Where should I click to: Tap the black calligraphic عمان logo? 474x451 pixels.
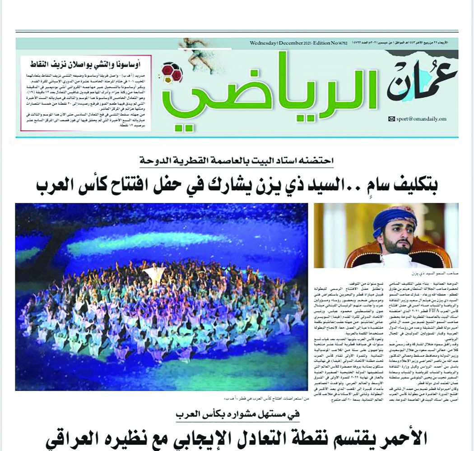[x=422, y=81]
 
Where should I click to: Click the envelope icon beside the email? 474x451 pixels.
[x=391, y=119]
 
